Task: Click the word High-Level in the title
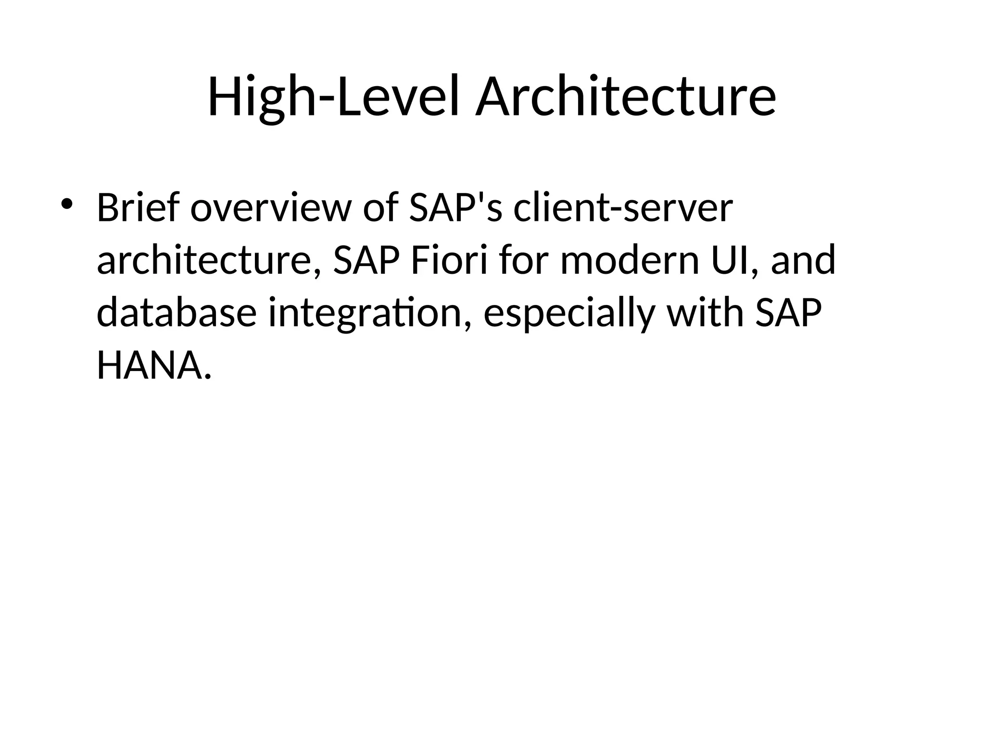click(x=336, y=97)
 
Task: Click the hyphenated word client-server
click(x=623, y=208)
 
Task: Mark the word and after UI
click(x=803, y=260)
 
